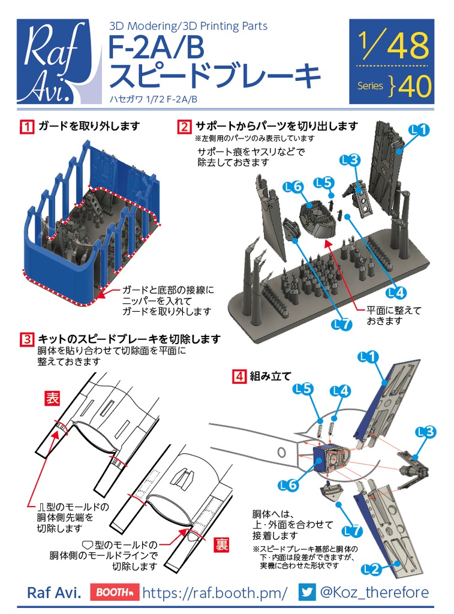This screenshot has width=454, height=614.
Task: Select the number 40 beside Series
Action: click(414, 87)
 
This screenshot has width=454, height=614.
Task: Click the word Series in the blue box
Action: click(370, 86)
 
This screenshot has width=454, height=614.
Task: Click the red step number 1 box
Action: click(26, 127)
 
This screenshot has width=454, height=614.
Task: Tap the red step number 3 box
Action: click(26, 340)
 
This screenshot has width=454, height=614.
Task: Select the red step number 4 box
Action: click(239, 377)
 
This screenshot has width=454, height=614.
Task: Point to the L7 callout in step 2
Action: click(341, 324)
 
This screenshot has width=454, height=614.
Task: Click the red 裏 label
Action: click(222, 544)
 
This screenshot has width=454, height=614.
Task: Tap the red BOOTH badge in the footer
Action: click(115, 592)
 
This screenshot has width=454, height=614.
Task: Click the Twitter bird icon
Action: click(307, 592)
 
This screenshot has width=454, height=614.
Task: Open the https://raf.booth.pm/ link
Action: click(215, 592)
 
